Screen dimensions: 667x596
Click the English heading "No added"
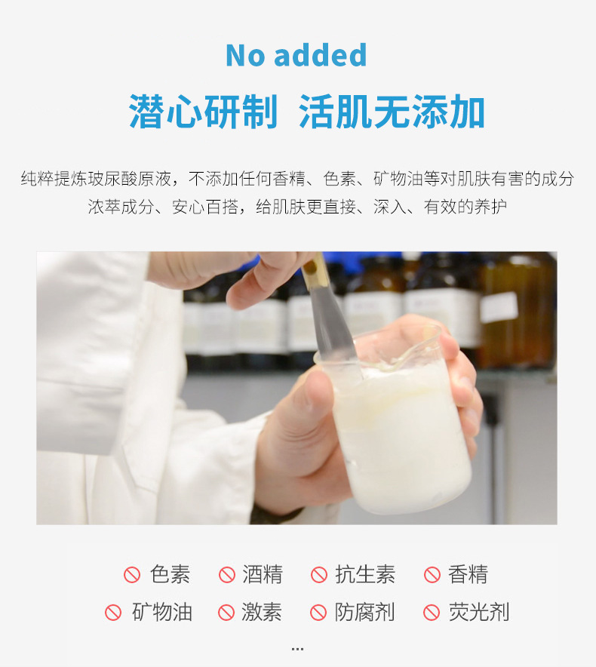296,56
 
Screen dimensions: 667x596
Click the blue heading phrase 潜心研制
203,112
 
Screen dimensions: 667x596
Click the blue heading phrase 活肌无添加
392,112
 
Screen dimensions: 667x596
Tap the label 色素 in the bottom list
170,574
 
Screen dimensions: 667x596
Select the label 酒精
263,574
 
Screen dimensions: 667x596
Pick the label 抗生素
365,574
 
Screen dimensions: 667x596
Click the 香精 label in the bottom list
468,574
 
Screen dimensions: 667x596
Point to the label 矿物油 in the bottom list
161,612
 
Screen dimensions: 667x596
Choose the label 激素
262,612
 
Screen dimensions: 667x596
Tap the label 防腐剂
365,612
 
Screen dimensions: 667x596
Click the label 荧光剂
478,612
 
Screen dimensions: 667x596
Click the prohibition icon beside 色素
132,575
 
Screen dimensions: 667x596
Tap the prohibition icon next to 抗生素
319,575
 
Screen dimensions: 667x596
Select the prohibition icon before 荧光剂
432,613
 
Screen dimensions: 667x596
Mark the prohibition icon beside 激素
226,613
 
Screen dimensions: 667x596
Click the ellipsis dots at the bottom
297,648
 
